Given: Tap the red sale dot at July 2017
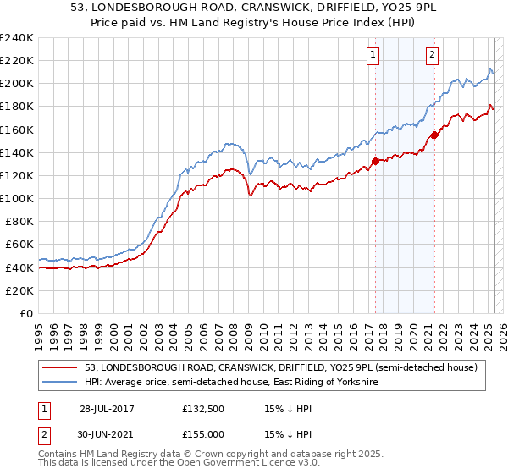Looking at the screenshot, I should [x=375, y=160].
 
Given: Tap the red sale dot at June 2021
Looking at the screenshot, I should [x=434, y=135].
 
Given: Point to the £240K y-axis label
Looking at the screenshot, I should [x=16, y=38].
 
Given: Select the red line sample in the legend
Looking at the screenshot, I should [x=60, y=368].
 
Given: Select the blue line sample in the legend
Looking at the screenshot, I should [x=60, y=383].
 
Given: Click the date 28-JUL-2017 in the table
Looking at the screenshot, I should [x=107, y=408].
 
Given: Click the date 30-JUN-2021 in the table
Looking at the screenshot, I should [x=107, y=435].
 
